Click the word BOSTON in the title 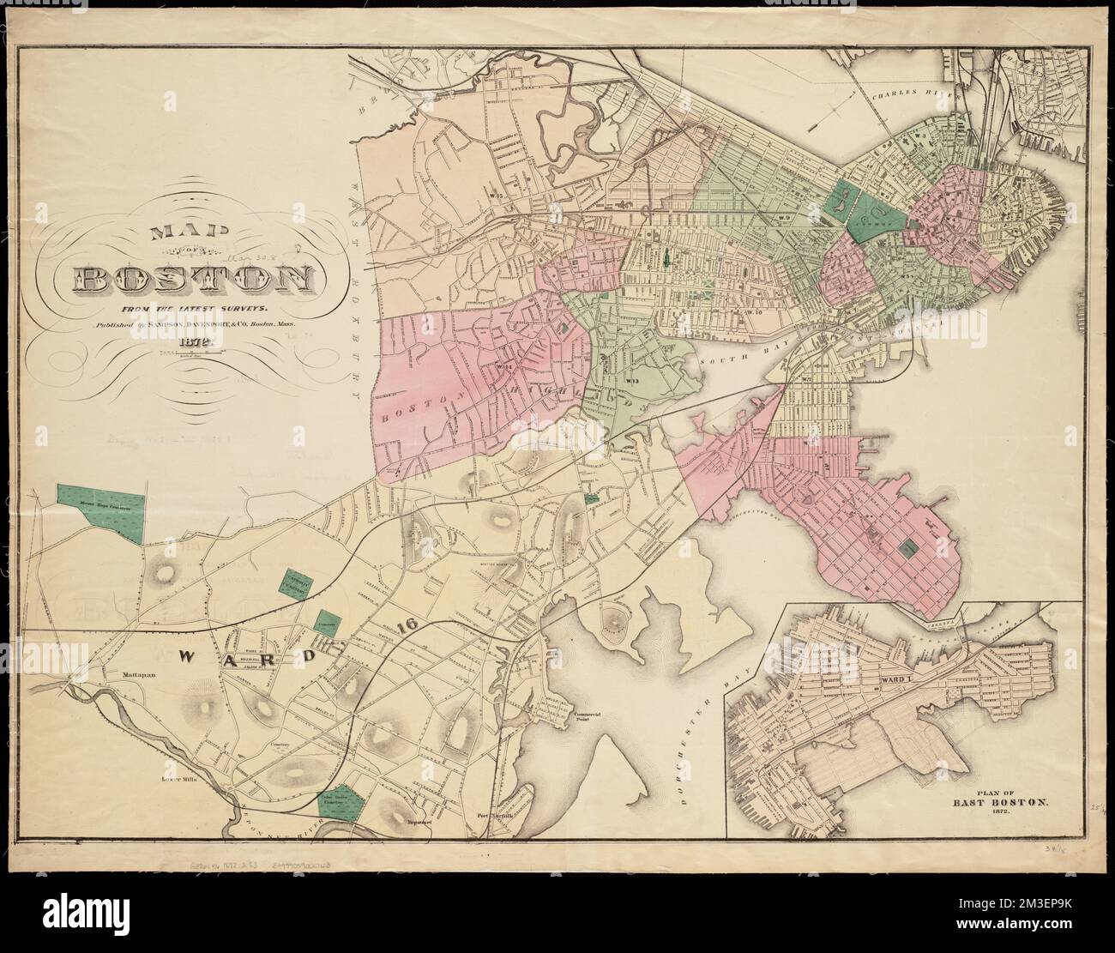pyautogui.click(x=193, y=279)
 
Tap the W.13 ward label pyautogui.click(x=632, y=380)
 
